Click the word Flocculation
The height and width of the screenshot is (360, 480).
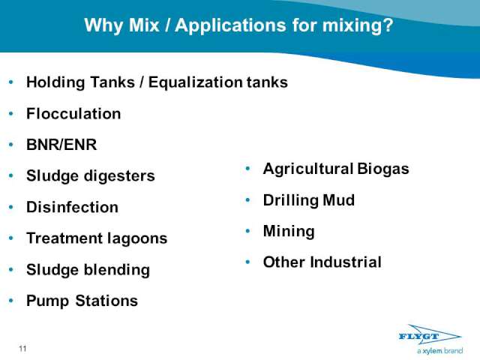point(73,113)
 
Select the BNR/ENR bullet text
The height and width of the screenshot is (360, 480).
point(61,145)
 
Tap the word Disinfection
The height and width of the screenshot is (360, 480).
point(72,207)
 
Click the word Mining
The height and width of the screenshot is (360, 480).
point(289,232)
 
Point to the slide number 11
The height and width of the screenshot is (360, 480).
point(22,348)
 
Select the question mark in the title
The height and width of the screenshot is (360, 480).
point(388,25)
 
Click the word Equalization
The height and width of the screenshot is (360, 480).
point(195,82)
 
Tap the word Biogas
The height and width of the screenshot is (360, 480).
point(383,169)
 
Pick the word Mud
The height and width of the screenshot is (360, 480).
point(339,200)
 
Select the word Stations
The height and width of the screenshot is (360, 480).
point(106,301)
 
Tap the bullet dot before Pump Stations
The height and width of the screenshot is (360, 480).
point(11,301)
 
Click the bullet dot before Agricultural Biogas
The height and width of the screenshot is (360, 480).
point(247,169)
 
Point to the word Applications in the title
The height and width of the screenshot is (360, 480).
point(231,25)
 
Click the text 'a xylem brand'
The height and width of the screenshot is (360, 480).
point(440,351)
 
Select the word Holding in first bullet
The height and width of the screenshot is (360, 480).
point(55,82)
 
